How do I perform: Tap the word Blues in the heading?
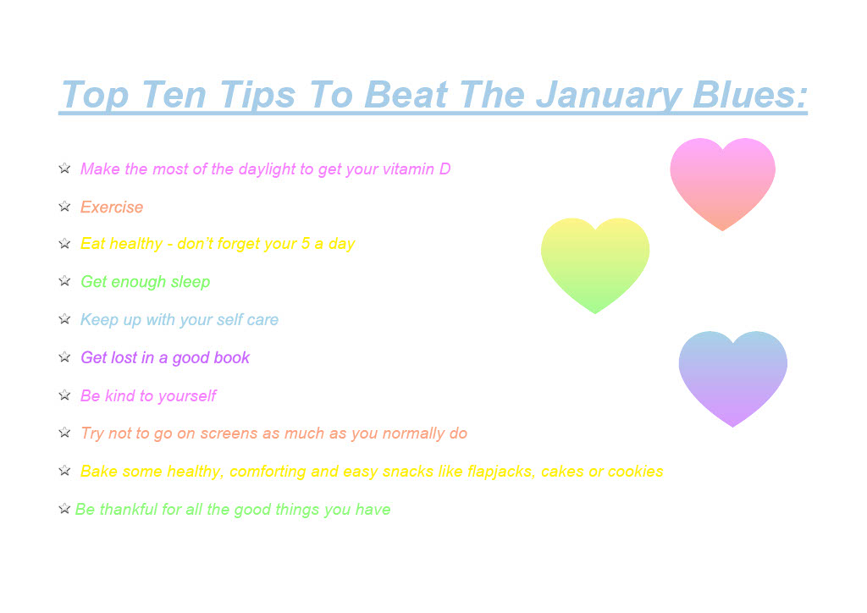coord(750,95)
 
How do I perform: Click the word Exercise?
coord(112,207)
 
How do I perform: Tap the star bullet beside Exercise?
coord(64,207)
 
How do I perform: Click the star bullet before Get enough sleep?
coord(64,281)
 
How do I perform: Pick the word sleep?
coord(191,283)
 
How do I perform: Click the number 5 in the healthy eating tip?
coord(306,244)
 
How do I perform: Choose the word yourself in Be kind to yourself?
coord(187,396)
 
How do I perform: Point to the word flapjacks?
coord(501,472)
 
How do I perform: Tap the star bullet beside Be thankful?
coord(64,508)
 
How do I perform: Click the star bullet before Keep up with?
coord(64,319)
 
